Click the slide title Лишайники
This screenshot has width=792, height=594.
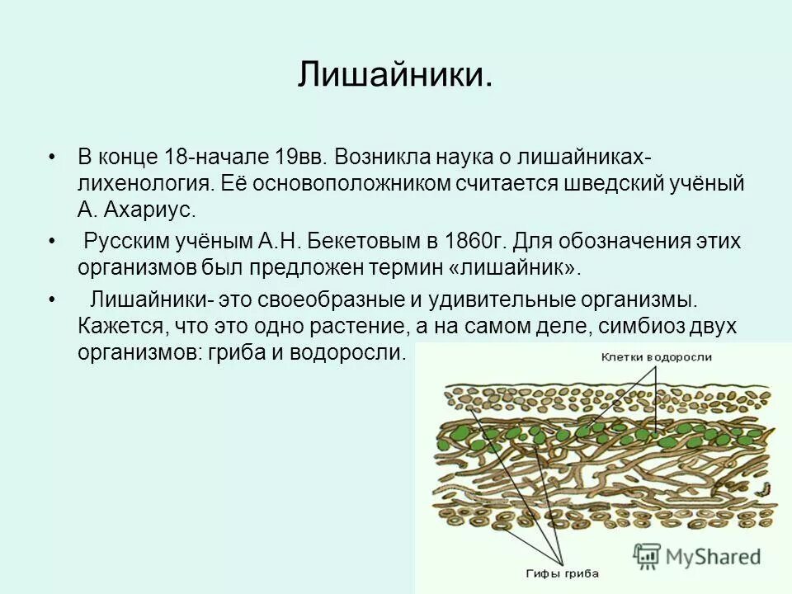[396, 75]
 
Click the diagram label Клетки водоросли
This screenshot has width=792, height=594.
[655, 356]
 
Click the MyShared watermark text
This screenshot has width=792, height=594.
[714, 555]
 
